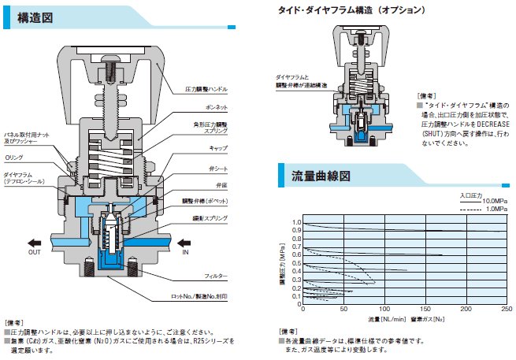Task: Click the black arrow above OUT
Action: point(35,243)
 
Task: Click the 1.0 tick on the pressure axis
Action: point(297,223)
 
